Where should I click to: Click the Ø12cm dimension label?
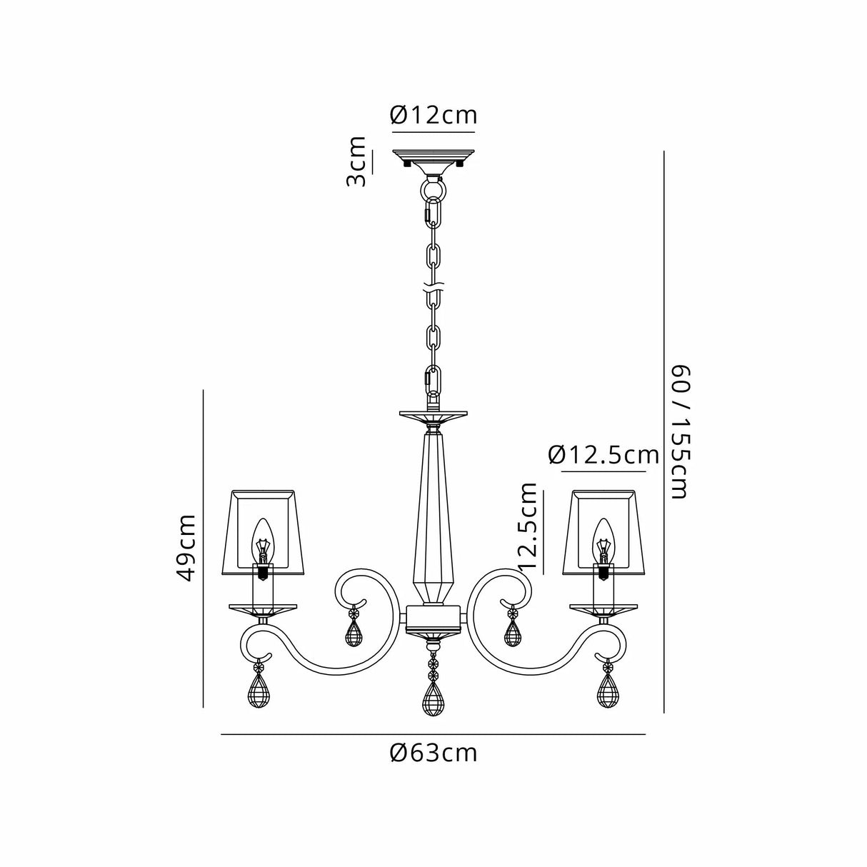(x=433, y=115)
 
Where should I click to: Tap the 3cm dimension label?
(x=356, y=161)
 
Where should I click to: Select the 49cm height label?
(x=187, y=548)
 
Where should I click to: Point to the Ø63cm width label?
(x=433, y=753)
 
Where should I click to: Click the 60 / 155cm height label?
(x=678, y=432)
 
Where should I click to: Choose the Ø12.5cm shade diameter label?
(x=603, y=455)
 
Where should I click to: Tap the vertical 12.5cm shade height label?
(x=528, y=526)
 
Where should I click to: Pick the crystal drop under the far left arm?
(x=258, y=692)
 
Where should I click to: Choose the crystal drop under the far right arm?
(x=608, y=692)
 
